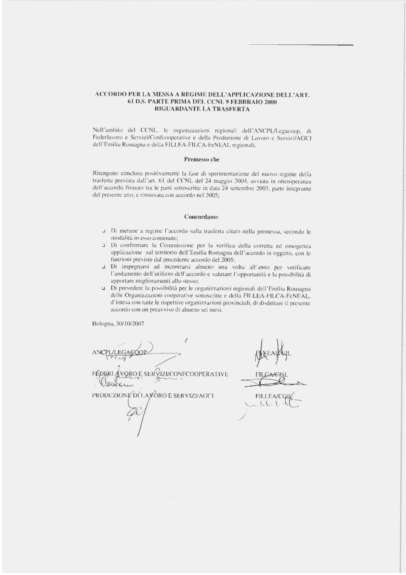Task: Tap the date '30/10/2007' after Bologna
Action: pos(130,324)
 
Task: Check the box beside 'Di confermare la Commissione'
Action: pos(104,246)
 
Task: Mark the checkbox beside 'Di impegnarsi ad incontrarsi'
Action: pos(104,267)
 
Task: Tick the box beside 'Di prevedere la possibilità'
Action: pos(104,289)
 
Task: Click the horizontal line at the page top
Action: pos(300,45)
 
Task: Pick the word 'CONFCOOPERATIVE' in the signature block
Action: pos(201,374)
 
